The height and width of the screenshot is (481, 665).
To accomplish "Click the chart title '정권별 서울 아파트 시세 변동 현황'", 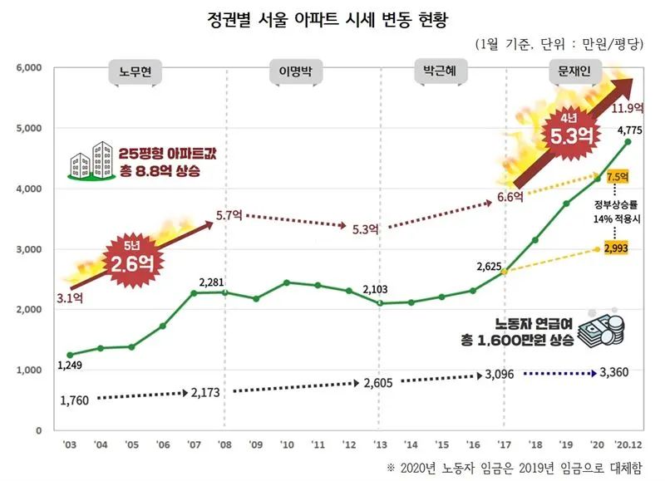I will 332,17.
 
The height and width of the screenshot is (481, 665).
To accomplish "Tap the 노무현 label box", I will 135,72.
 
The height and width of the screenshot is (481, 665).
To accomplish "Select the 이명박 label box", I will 288,72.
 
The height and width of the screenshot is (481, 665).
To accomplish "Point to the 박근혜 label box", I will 441,72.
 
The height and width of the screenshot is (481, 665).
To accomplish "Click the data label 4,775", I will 628,129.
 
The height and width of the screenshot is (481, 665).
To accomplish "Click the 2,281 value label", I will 213,281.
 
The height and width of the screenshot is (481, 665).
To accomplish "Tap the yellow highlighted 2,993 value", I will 617,248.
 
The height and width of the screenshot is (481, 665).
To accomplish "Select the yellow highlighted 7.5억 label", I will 618,177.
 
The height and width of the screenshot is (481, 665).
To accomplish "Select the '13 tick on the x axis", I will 381,443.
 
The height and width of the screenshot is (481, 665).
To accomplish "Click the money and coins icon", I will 600,329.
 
